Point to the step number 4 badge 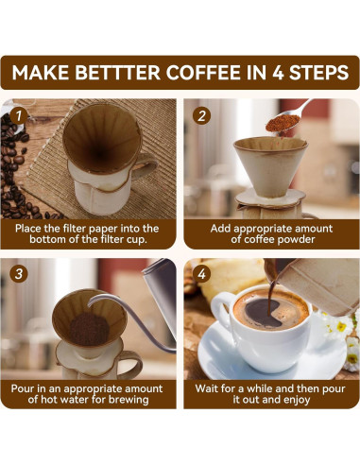click(x=200, y=275)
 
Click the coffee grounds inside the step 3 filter click(x=90, y=328)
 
